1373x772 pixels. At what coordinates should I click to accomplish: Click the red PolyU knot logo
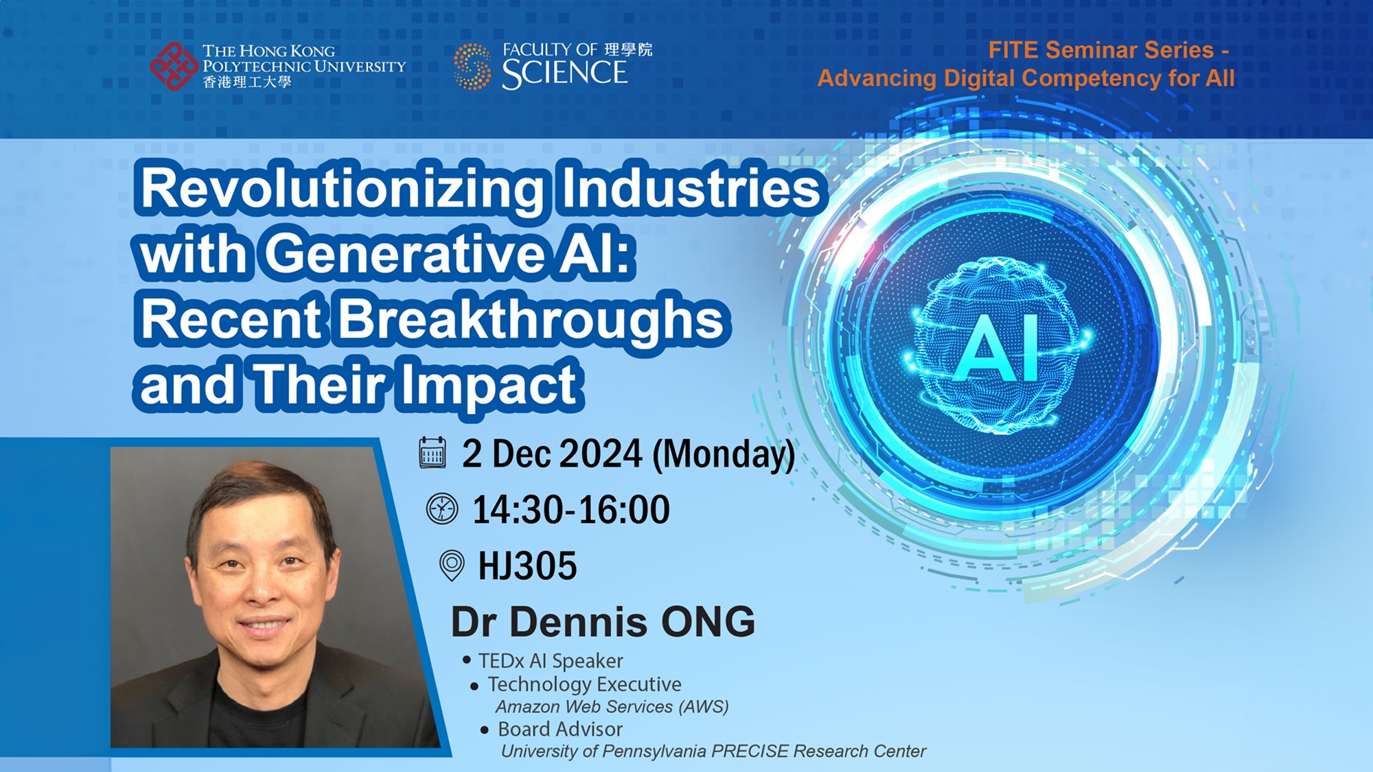pos(174,66)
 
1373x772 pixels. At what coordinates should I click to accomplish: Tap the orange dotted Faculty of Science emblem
pos(472,67)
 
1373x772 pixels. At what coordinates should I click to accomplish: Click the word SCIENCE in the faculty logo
pos(564,73)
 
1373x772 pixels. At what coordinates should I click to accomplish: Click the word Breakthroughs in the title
pos(531,321)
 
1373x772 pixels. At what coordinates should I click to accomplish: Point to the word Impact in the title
pos(489,386)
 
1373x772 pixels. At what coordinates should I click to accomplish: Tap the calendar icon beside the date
pos(432,453)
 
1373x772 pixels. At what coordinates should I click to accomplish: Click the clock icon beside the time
pos(442,509)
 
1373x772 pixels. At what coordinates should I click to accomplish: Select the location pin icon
pos(452,565)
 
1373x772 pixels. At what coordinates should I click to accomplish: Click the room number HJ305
pos(527,566)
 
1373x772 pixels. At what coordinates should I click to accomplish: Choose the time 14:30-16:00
pos(571,510)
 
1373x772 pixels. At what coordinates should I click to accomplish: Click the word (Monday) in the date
pos(724,454)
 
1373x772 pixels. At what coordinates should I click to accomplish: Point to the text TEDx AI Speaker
pos(551,661)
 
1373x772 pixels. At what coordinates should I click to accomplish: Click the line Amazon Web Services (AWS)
pos(612,707)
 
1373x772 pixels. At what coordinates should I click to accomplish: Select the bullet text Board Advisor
pos(560,729)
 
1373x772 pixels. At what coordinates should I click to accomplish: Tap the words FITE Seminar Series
pos(1101,50)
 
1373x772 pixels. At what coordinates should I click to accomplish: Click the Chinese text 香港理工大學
pos(247,82)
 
